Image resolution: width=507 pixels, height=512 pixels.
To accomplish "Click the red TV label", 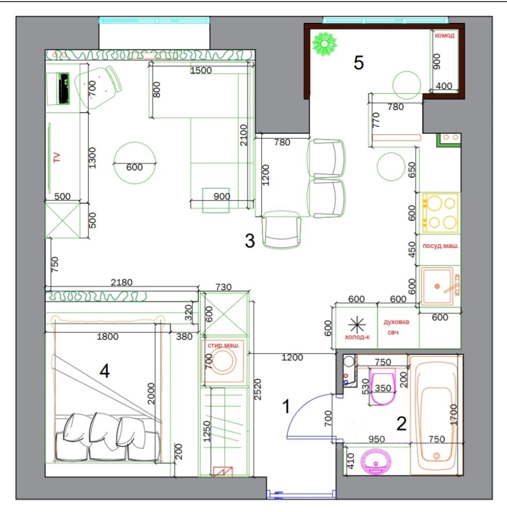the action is tap(57, 157).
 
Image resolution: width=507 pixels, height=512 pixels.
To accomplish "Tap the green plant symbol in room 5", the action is tap(324, 44).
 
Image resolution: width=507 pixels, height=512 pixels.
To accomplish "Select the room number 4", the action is tap(104, 371).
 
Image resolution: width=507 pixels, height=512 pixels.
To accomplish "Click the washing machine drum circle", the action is tap(223, 361).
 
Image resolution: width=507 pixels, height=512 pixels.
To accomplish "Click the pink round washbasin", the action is tap(376, 461).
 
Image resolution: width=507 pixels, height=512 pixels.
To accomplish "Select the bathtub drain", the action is tap(437, 455).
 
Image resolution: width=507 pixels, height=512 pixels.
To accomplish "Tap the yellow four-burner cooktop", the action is tap(440, 213).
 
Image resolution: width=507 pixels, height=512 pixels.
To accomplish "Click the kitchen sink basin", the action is tap(437, 286).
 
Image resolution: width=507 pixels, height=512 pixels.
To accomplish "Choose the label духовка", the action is tap(396, 322).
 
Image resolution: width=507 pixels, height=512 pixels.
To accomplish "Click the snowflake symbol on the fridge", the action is tap(357, 325).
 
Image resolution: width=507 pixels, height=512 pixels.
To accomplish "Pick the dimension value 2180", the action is tap(122, 282).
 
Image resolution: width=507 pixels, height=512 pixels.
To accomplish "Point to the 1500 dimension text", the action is tap(201, 70).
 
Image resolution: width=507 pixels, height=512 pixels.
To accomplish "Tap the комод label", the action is tap(444, 36).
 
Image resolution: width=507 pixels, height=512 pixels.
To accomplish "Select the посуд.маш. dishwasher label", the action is tap(441, 246).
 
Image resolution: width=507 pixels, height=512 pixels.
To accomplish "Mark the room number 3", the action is tap(250, 241).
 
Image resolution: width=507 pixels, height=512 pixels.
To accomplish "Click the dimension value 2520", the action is tap(257, 389).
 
